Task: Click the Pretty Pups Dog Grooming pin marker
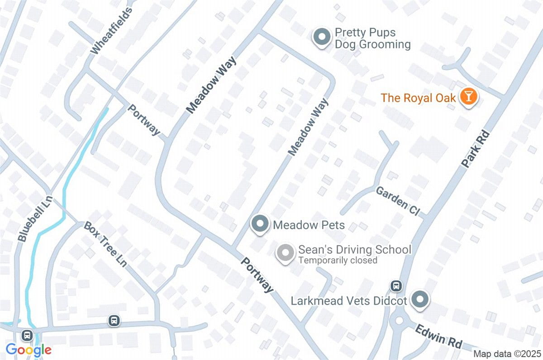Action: point(322,37)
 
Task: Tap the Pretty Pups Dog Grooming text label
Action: point(372,38)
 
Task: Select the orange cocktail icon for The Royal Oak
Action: point(468,97)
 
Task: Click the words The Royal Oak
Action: point(418,98)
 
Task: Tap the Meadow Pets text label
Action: point(309,225)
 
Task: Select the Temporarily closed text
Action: point(337,261)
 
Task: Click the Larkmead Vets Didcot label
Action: point(349,300)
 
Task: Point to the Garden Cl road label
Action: point(398,201)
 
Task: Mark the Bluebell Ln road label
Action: point(34,218)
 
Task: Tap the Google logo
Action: point(29,350)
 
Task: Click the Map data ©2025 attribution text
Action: point(507,353)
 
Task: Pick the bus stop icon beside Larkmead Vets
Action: point(396,285)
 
